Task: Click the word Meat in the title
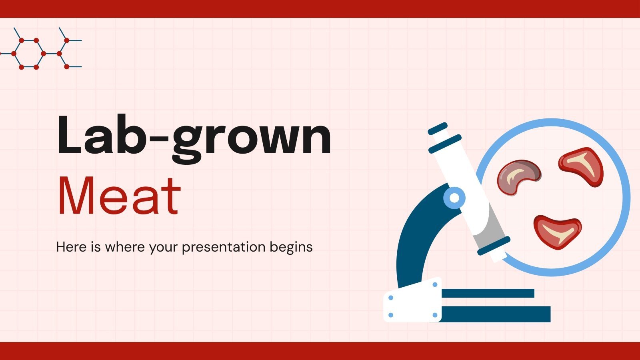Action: [119, 196]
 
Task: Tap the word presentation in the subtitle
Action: [224, 247]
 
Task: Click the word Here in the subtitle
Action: [71, 247]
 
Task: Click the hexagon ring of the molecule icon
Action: [29, 54]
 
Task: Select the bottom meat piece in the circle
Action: [558, 231]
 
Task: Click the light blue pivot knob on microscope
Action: [454, 198]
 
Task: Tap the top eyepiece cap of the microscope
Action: [438, 128]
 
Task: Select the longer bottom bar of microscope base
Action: [496, 314]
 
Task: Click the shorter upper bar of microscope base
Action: [488, 293]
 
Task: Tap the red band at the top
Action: [320, 9]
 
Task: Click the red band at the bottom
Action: [320, 351]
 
